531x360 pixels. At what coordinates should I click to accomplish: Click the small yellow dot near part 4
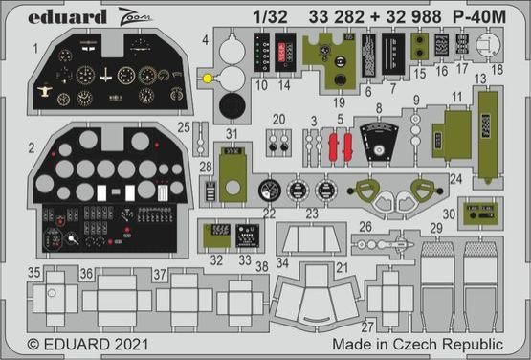[x=208, y=76]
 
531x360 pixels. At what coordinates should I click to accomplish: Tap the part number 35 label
[x=33, y=272]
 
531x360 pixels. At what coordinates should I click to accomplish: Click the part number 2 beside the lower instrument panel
[x=32, y=147]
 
